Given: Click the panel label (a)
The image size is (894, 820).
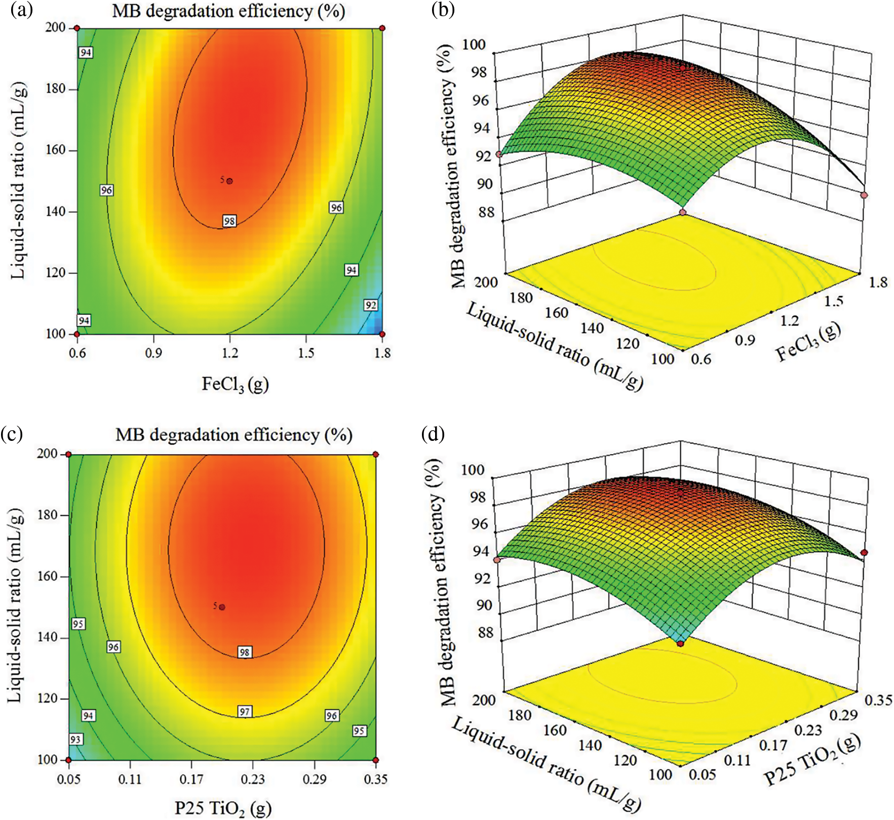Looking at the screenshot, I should coord(21,11).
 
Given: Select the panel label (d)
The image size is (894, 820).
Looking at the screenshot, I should coord(433,434).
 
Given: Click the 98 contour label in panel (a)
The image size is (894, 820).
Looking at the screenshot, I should coord(229,221).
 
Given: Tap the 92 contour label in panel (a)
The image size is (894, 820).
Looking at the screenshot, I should coord(371,305).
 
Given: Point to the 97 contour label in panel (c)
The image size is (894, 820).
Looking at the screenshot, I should coord(245,712).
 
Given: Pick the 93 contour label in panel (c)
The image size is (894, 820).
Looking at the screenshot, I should coord(75,740).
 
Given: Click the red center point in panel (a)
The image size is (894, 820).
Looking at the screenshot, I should coord(229,181).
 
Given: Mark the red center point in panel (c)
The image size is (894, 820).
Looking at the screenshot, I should coord(222,607).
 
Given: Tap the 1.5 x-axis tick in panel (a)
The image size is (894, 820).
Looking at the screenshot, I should coord(306,353).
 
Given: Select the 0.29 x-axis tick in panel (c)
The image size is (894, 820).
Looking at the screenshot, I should coord(315,779).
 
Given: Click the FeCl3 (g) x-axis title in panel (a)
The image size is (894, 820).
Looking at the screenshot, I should coord(235,385).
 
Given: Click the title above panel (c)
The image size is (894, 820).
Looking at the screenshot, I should coord(234,435).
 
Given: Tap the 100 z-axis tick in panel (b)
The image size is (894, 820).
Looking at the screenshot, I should coord(474,45).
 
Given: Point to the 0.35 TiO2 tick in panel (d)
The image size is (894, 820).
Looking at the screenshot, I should coord(878,700).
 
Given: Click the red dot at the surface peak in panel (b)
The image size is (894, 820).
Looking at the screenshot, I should coord(683,68).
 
